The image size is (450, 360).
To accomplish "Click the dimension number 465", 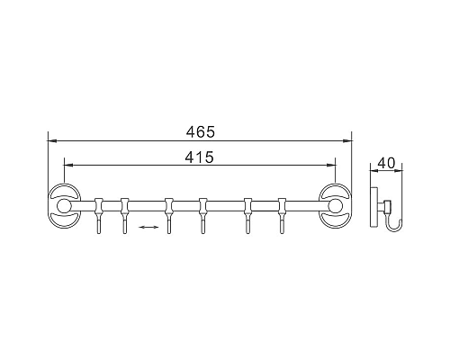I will [x=200, y=131].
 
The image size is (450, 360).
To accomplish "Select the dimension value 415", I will [x=200, y=157].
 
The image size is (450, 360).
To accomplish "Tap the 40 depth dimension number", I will [x=388, y=163].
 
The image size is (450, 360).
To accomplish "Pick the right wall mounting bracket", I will [x=335, y=208].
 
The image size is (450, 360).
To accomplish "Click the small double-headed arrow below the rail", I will [x=149, y=228].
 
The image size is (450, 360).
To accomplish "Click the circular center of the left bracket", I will [x=65, y=208].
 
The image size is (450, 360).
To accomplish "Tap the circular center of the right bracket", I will [x=334, y=208].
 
